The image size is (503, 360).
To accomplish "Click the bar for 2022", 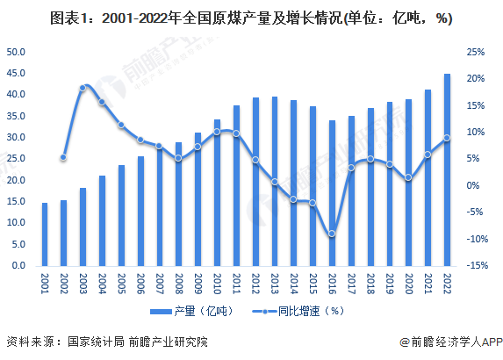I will click(447, 169).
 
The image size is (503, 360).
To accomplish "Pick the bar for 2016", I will click(332, 192).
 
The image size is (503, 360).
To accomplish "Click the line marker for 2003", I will click(83, 88).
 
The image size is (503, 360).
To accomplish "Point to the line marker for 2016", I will click(332, 234).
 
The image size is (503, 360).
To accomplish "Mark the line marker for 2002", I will click(63, 158).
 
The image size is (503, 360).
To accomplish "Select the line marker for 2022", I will click(447, 138).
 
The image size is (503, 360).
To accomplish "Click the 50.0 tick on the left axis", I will click(17, 52).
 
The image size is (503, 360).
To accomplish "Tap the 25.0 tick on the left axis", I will click(17, 159).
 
